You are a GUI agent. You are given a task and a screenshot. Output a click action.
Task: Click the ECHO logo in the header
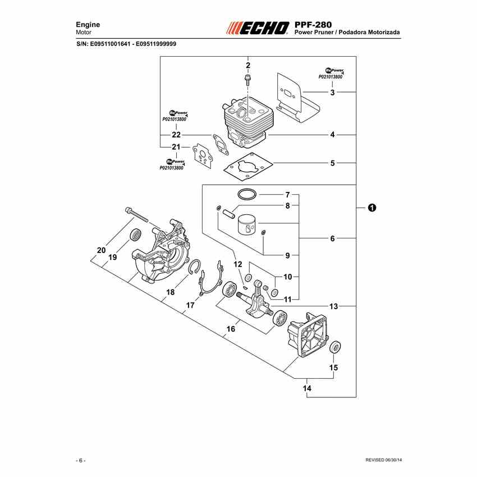tap(258, 28)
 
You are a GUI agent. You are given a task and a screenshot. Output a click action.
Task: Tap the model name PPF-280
tap(313, 25)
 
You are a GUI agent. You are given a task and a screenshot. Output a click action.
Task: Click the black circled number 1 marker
tap(371, 208)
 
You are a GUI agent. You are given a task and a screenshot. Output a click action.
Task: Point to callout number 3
tap(332, 92)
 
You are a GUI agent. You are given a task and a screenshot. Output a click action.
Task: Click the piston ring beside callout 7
tap(247, 194)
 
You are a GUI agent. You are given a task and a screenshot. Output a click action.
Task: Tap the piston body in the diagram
tap(247, 225)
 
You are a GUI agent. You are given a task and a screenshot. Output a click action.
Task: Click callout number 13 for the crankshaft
tap(334, 306)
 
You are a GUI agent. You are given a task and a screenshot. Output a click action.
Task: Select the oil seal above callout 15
tap(335, 347)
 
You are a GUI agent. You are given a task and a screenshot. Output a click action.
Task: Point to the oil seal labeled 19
tap(135, 235)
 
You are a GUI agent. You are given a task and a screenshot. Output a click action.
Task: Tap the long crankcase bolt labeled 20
tap(136, 214)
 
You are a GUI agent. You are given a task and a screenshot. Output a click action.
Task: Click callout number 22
tap(176, 135)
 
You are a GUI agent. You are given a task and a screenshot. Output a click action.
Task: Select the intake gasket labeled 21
tap(203, 156)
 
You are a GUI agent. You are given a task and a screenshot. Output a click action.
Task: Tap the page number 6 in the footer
tap(81, 460)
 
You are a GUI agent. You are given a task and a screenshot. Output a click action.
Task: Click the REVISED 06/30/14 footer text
tap(383, 460)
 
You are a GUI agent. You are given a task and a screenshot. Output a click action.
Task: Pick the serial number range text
tap(126, 44)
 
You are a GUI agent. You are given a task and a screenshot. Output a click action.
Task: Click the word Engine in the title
tap(88, 25)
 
